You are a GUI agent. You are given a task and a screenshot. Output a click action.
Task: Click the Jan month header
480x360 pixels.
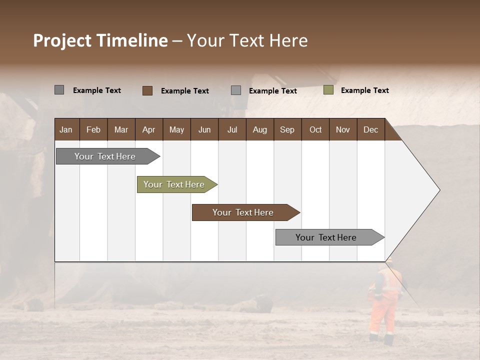pyautogui.click(x=66, y=130)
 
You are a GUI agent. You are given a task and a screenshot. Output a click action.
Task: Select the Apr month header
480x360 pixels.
pyautogui.click(x=148, y=130)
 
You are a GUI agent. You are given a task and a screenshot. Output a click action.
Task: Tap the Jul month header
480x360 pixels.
pyautogui.click(x=232, y=130)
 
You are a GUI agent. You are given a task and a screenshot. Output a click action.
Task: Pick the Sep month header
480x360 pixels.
pyautogui.click(x=287, y=130)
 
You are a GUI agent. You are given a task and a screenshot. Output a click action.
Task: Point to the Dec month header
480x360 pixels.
pyautogui.click(x=370, y=130)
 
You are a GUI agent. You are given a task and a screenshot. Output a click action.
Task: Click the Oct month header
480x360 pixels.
pyautogui.click(x=315, y=130)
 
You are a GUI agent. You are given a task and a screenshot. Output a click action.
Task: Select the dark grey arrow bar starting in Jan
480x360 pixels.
pyautogui.click(x=105, y=156)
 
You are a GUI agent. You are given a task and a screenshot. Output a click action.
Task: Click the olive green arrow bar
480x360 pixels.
pyautogui.click(x=174, y=184)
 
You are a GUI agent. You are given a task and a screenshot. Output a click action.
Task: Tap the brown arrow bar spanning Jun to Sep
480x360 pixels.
pyautogui.click(x=243, y=212)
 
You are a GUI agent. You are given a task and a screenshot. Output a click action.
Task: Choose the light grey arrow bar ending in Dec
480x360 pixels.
pyautogui.click(x=326, y=237)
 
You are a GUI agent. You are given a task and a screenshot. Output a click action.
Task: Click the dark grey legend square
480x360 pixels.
pyautogui.click(x=59, y=90)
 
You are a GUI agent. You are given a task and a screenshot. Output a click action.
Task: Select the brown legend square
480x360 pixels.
pyautogui.click(x=147, y=90)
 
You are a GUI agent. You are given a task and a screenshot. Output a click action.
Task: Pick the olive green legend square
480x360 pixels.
pyautogui.click(x=328, y=90)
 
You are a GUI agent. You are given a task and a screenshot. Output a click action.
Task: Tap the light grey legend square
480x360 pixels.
pyautogui.click(x=236, y=90)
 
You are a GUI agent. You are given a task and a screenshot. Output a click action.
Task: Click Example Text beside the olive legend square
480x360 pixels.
pyautogui.click(x=364, y=90)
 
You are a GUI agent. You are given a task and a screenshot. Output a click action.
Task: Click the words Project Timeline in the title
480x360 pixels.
pyautogui.click(x=100, y=40)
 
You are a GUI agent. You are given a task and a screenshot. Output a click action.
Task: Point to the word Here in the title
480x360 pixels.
pyautogui.click(x=288, y=40)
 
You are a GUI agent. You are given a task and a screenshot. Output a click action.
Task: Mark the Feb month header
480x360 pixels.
pyautogui.click(x=93, y=130)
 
